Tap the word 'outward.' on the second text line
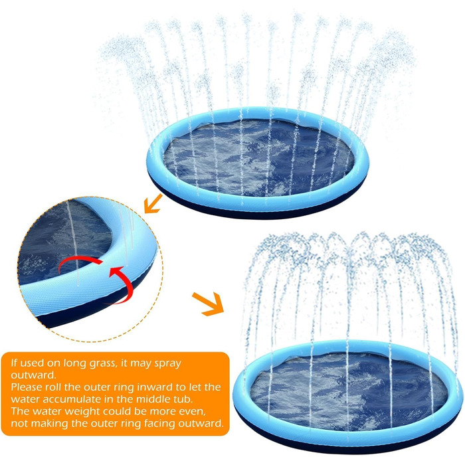click(33, 375)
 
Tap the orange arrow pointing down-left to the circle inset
click(153, 203)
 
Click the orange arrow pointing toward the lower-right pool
click(208, 304)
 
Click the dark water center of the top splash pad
click(258, 157)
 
